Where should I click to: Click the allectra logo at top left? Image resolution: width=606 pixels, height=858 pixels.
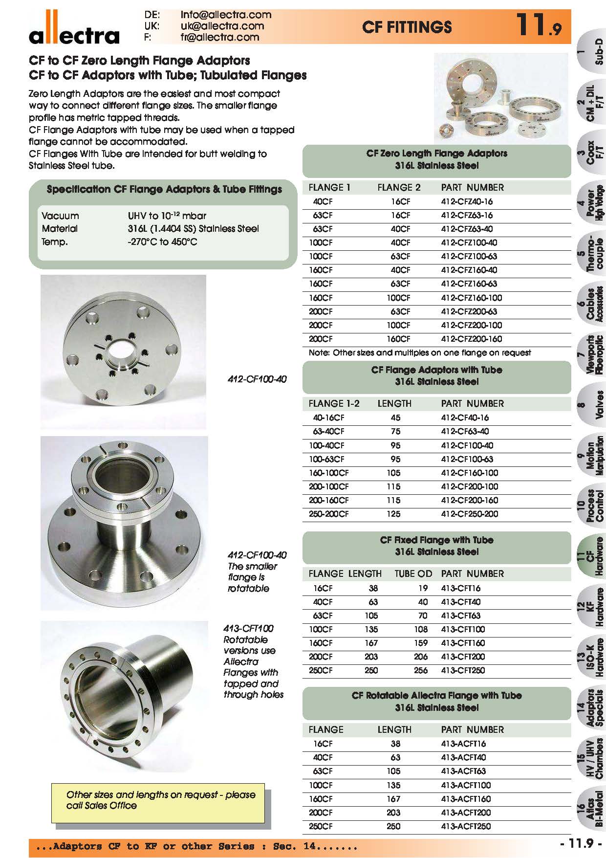point(74,31)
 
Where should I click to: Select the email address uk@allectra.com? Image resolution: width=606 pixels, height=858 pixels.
point(222,26)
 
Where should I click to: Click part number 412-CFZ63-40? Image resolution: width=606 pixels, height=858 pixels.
point(467,229)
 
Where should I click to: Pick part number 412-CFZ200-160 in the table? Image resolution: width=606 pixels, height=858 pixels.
point(471,339)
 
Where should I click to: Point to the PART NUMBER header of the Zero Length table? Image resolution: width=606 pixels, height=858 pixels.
point(472,187)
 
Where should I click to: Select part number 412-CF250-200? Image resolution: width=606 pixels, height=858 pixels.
point(470,514)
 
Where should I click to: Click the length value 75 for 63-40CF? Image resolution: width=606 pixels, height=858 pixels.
point(395,431)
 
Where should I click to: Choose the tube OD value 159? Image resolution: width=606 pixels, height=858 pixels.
point(421,643)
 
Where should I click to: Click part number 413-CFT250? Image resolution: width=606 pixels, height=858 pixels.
point(463,670)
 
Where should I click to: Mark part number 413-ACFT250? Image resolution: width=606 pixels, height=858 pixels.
point(466,826)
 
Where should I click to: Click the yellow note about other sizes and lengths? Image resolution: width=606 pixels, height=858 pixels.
point(161,800)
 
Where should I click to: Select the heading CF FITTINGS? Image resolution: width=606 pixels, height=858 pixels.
point(407,27)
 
